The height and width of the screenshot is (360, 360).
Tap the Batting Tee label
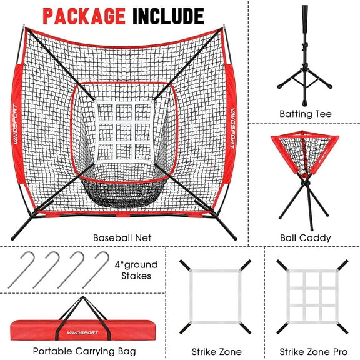pyautogui.click(x=306, y=114)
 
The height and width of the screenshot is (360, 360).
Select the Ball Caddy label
pyautogui.click(x=306, y=238)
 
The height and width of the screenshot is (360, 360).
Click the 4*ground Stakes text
pyautogui.click(x=136, y=270)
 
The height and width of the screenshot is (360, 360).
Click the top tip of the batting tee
pyautogui.click(x=305, y=9)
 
